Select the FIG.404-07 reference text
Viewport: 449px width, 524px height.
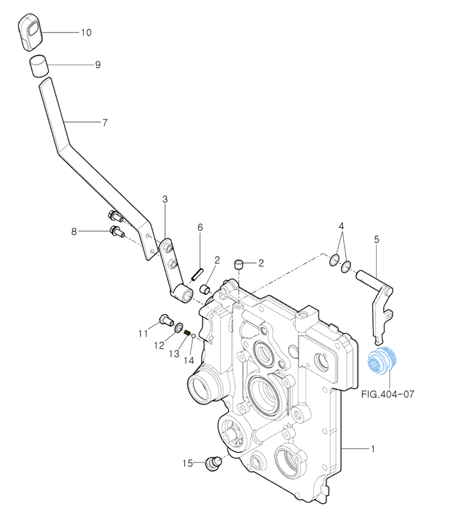pyautogui.click(x=388, y=395)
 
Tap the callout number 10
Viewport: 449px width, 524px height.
pyautogui.click(x=86, y=32)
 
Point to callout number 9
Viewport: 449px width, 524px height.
pyautogui.click(x=97, y=65)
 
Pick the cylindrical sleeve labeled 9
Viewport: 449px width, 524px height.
pyautogui.click(x=38, y=66)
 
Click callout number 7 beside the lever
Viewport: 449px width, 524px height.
pyautogui.click(x=105, y=122)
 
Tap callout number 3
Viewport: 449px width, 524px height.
pyautogui.click(x=165, y=200)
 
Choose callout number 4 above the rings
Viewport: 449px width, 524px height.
pyautogui.click(x=341, y=226)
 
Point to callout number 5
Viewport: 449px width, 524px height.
pyautogui.click(x=376, y=239)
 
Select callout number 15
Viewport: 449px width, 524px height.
pyautogui.click(x=187, y=463)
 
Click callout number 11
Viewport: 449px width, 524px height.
pyautogui.click(x=143, y=333)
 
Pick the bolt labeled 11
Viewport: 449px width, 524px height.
pyautogui.click(x=163, y=318)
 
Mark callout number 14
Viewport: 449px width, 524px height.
pyautogui.click(x=188, y=360)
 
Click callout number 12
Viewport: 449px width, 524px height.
pyautogui.click(x=159, y=345)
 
